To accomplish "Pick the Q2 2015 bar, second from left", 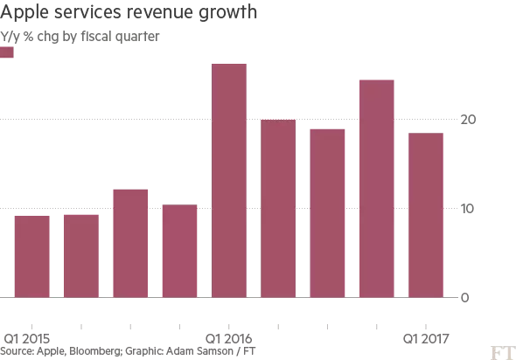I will (81, 255).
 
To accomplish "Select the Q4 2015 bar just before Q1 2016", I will (180, 251).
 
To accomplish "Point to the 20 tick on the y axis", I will (471, 120).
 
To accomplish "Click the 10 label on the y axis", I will (471, 208).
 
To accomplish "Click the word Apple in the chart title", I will (26, 15).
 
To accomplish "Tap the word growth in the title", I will (231, 15).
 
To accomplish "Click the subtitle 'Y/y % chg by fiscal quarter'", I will (80, 38).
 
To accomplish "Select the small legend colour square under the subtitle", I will (8, 52).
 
